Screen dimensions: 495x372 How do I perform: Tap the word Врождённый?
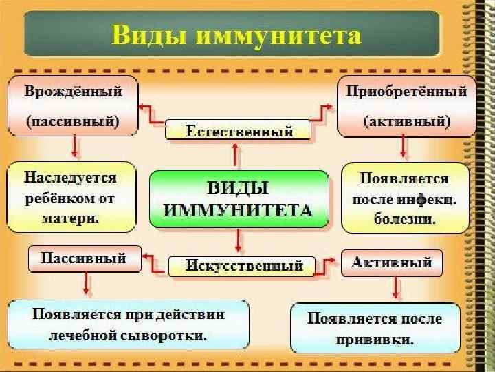[73, 91]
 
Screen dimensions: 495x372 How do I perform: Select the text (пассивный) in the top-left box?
[73, 121]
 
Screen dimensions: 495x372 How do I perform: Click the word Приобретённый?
[406, 91]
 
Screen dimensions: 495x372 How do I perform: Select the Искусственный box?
[245, 265]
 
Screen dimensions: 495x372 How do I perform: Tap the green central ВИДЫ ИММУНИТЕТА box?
[240, 200]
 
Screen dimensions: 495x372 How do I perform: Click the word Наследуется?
[71, 177]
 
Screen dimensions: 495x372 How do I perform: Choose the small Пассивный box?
[84, 259]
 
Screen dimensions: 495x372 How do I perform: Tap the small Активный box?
[392, 262]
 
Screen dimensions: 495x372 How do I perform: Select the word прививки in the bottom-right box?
[375, 340]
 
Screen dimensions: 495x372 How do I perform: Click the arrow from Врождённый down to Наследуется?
[74, 147]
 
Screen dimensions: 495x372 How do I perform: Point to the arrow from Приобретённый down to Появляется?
[404, 147]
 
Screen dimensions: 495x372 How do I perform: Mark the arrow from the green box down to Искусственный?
[239, 241]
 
